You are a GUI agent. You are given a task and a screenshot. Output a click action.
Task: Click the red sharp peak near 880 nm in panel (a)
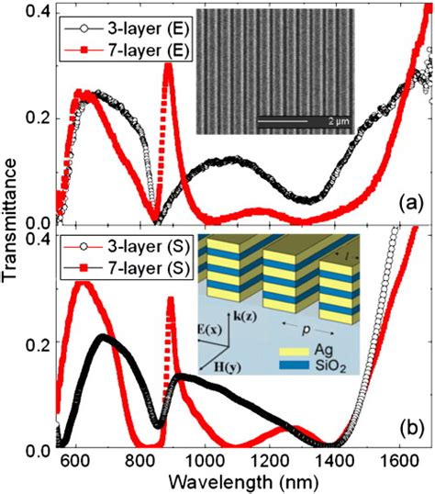point(168,65)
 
